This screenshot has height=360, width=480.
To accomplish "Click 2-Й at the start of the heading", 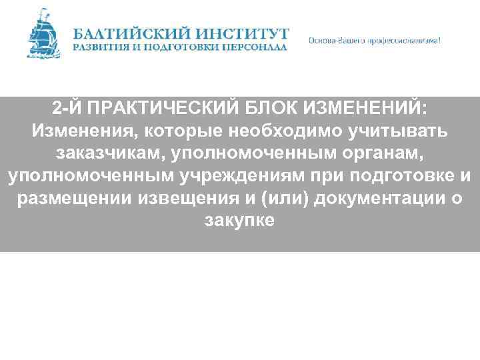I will tap(65, 109).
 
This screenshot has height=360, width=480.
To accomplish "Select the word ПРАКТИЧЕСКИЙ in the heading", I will tap(157, 109).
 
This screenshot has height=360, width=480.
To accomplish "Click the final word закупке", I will tap(240, 221).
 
